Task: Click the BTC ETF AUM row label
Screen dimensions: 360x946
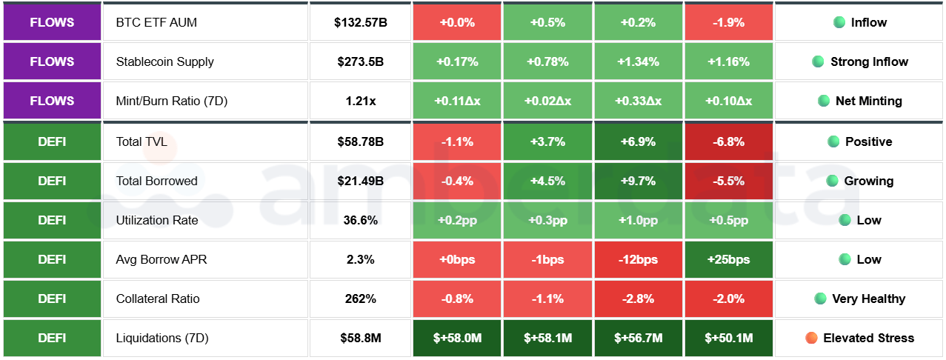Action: (156, 22)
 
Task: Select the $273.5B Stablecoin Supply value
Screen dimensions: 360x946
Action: (360, 61)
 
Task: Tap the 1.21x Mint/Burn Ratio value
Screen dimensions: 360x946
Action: (360, 101)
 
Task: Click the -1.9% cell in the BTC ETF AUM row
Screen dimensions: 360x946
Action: (728, 22)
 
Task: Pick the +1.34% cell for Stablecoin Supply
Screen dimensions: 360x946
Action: (638, 61)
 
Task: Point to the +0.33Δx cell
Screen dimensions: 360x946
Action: (638, 101)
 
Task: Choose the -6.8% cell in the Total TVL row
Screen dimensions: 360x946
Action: (728, 141)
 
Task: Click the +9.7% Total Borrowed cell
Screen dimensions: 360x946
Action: (638, 181)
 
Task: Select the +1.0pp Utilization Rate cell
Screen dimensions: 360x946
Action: (638, 220)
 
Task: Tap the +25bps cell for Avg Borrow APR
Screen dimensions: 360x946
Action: (728, 259)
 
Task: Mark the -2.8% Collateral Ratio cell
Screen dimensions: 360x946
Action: (638, 299)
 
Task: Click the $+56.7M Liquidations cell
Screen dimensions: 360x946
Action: (638, 338)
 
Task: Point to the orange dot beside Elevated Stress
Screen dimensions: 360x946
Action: (811, 338)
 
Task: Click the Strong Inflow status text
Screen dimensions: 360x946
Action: (869, 61)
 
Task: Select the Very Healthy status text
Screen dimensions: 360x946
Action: (868, 299)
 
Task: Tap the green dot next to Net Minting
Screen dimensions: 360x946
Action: (822, 101)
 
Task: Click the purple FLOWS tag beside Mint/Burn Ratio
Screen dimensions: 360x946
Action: (51, 101)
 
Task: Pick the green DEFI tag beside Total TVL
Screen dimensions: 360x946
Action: (51, 141)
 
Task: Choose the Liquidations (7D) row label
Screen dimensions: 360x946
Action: (162, 338)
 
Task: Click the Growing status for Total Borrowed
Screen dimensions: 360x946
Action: (868, 181)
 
